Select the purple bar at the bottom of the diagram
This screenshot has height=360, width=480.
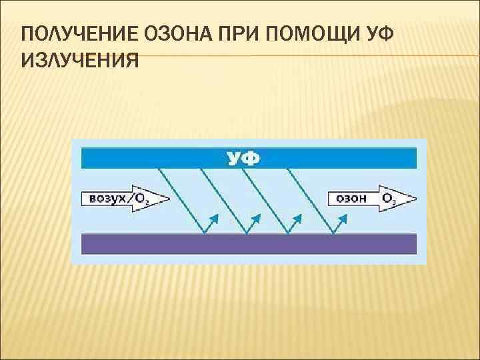tap(249, 243)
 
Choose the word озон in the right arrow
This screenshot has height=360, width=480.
tap(349, 198)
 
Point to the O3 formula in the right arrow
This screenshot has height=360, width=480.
tap(388, 198)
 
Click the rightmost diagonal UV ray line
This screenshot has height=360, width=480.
tap(310, 200)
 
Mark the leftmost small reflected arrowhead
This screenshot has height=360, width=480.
tap(214, 217)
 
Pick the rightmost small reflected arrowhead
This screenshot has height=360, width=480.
tap(345, 217)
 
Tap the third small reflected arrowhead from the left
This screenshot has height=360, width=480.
tap(299, 217)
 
